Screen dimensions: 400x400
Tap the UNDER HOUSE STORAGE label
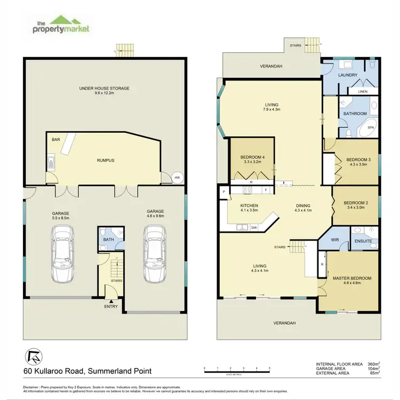click(105, 89)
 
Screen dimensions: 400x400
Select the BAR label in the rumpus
click(55, 140)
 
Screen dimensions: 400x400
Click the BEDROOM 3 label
click(357, 159)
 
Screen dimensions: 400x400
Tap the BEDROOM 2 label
click(355, 203)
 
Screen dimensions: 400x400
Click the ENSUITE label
click(364, 242)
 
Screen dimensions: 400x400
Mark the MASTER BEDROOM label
click(351, 278)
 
